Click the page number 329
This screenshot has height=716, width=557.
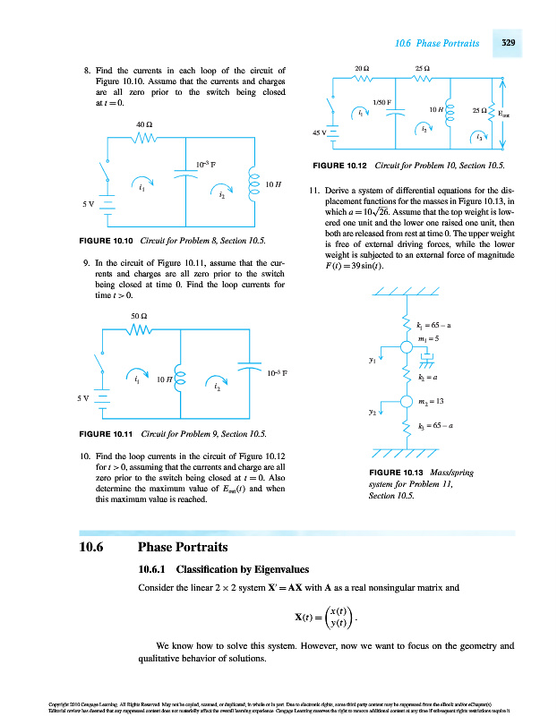coord(507,43)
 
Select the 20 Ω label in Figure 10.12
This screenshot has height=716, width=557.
coord(362,69)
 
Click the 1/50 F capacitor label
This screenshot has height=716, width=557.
coord(383,102)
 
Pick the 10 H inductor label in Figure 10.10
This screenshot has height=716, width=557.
coord(274,184)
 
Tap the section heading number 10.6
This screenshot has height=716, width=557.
coord(96,547)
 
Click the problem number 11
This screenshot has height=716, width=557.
coord(314,191)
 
